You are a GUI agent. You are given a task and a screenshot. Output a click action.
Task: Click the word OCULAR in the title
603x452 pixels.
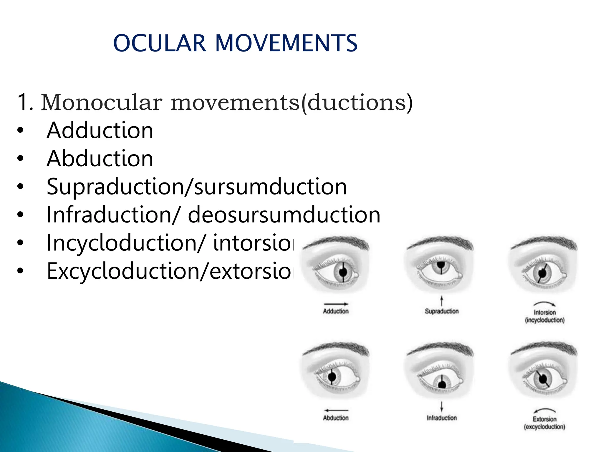(159, 43)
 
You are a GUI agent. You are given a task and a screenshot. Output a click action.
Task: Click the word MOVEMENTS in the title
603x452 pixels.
(286, 43)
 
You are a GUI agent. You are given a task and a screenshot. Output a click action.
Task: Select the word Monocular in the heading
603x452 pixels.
(102, 102)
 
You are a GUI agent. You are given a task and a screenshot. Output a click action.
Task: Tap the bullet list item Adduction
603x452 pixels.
(100, 130)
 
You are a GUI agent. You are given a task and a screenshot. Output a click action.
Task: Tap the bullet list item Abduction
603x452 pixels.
(100, 159)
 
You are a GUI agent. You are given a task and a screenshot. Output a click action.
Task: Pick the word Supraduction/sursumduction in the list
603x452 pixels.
(197, 187)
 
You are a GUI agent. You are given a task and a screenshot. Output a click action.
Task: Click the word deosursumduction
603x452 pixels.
(284, 215)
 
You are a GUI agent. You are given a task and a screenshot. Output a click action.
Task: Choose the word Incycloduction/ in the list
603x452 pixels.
(125, 243)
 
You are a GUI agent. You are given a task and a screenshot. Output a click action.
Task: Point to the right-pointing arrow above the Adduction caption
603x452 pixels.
(336, 304)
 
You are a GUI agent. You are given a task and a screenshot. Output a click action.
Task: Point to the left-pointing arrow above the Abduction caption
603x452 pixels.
(336, 410)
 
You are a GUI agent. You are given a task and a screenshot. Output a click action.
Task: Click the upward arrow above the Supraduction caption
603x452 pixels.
(441, 301)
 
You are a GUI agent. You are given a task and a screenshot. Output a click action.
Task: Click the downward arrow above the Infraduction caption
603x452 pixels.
(441, 407)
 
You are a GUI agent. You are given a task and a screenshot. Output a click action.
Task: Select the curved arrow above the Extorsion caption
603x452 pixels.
(545, 410)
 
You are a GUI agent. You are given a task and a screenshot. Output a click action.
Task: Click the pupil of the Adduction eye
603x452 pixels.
(343, 272)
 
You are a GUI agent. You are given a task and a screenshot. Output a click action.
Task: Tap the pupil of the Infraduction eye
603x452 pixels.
(442, 384)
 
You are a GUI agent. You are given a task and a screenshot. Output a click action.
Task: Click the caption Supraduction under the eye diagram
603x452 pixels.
(442, 311)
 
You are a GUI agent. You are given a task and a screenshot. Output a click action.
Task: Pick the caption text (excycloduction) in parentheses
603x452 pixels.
(544, 427)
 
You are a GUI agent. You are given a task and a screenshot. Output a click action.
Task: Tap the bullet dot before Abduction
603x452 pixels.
(20, 159)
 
